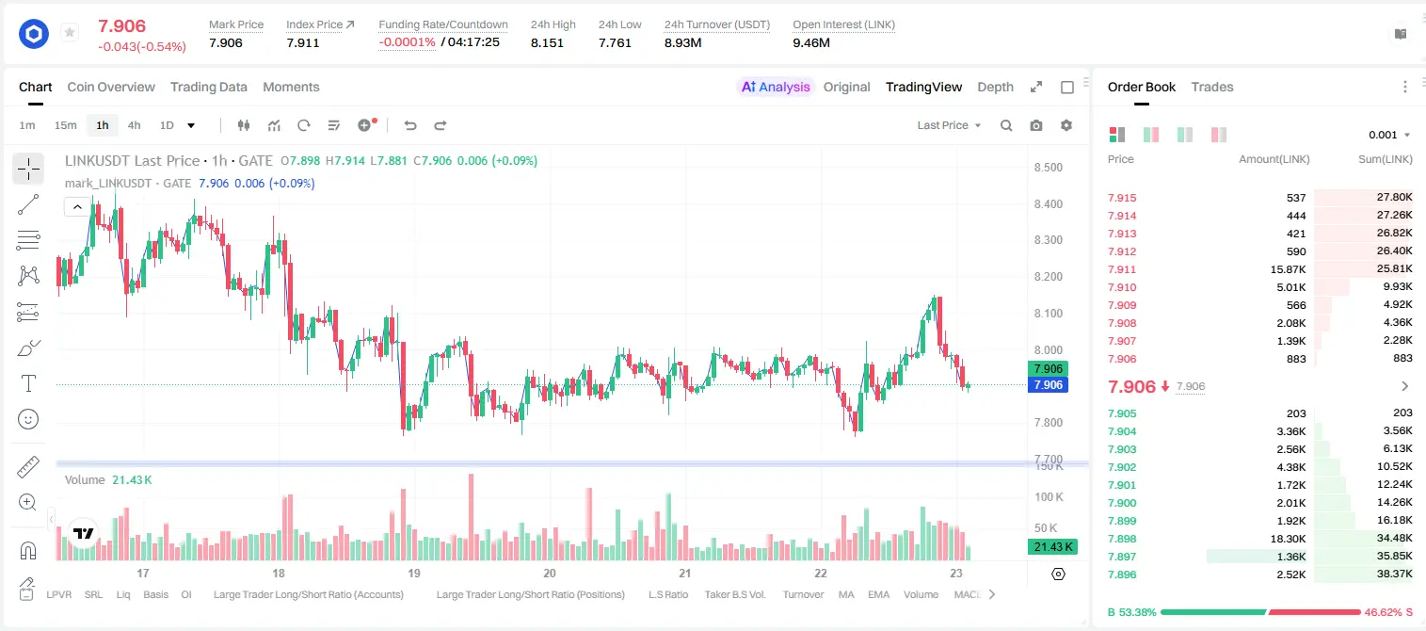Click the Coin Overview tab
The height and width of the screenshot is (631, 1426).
[x=111, y=87]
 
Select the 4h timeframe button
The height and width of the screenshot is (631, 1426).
[x=134, y=125]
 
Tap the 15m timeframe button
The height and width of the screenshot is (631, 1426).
[x=66, y=125]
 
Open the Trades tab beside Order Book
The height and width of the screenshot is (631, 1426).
[x=1212, y=87]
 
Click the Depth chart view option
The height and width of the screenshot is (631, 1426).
[x=995, y=87]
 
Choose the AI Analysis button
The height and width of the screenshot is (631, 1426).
[x=776, y=87]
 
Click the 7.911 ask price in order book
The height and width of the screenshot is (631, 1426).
[x=1122, y=269]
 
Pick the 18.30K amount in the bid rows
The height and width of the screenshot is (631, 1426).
[x=1288, y=539]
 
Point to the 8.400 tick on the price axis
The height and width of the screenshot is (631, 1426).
[x=1049, y=203]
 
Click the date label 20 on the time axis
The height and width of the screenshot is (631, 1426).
[x=550, y=573]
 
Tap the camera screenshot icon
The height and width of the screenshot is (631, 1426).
[x=1036, y=125]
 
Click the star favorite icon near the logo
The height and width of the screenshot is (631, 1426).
[x=70, y=32]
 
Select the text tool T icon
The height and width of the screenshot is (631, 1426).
[x=28, y=383]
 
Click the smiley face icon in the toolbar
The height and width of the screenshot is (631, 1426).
[x=28, y=419]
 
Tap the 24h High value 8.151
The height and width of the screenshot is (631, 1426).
[x=547, y=42]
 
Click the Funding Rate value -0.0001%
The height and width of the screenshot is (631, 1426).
[x=407, y=42]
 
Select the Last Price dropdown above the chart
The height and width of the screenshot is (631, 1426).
[x=949, y=125]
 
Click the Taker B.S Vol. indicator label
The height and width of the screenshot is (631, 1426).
[x=734, y=594]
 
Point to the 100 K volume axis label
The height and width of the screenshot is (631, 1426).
[x=1049, y=496]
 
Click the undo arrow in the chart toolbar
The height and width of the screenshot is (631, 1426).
[x=410, y=125]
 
